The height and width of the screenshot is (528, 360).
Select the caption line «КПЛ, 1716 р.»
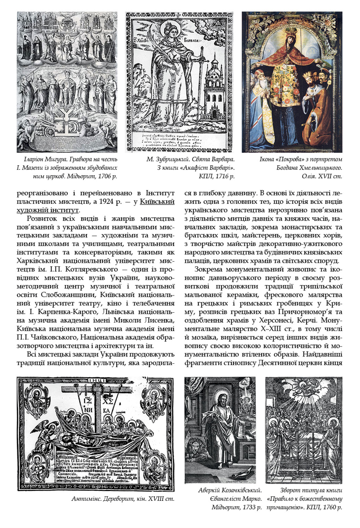(x=217, y=175)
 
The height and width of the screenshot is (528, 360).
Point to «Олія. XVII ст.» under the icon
(x=321, y=175)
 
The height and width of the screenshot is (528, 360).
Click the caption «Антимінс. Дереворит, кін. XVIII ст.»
(x=123, y=498)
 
